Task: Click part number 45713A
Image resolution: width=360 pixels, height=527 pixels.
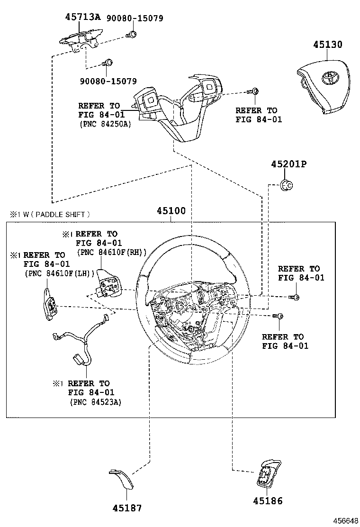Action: [83, 18]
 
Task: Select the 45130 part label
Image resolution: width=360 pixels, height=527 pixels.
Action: [327, 45]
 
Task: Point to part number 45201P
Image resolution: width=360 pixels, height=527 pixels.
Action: [288, 164]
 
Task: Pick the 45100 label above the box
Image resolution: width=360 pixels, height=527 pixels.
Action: [171, 211]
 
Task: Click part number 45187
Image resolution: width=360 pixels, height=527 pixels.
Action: [127, 508]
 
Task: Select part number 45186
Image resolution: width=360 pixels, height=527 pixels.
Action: [268, 500]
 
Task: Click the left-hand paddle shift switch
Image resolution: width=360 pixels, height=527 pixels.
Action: [50, 303]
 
